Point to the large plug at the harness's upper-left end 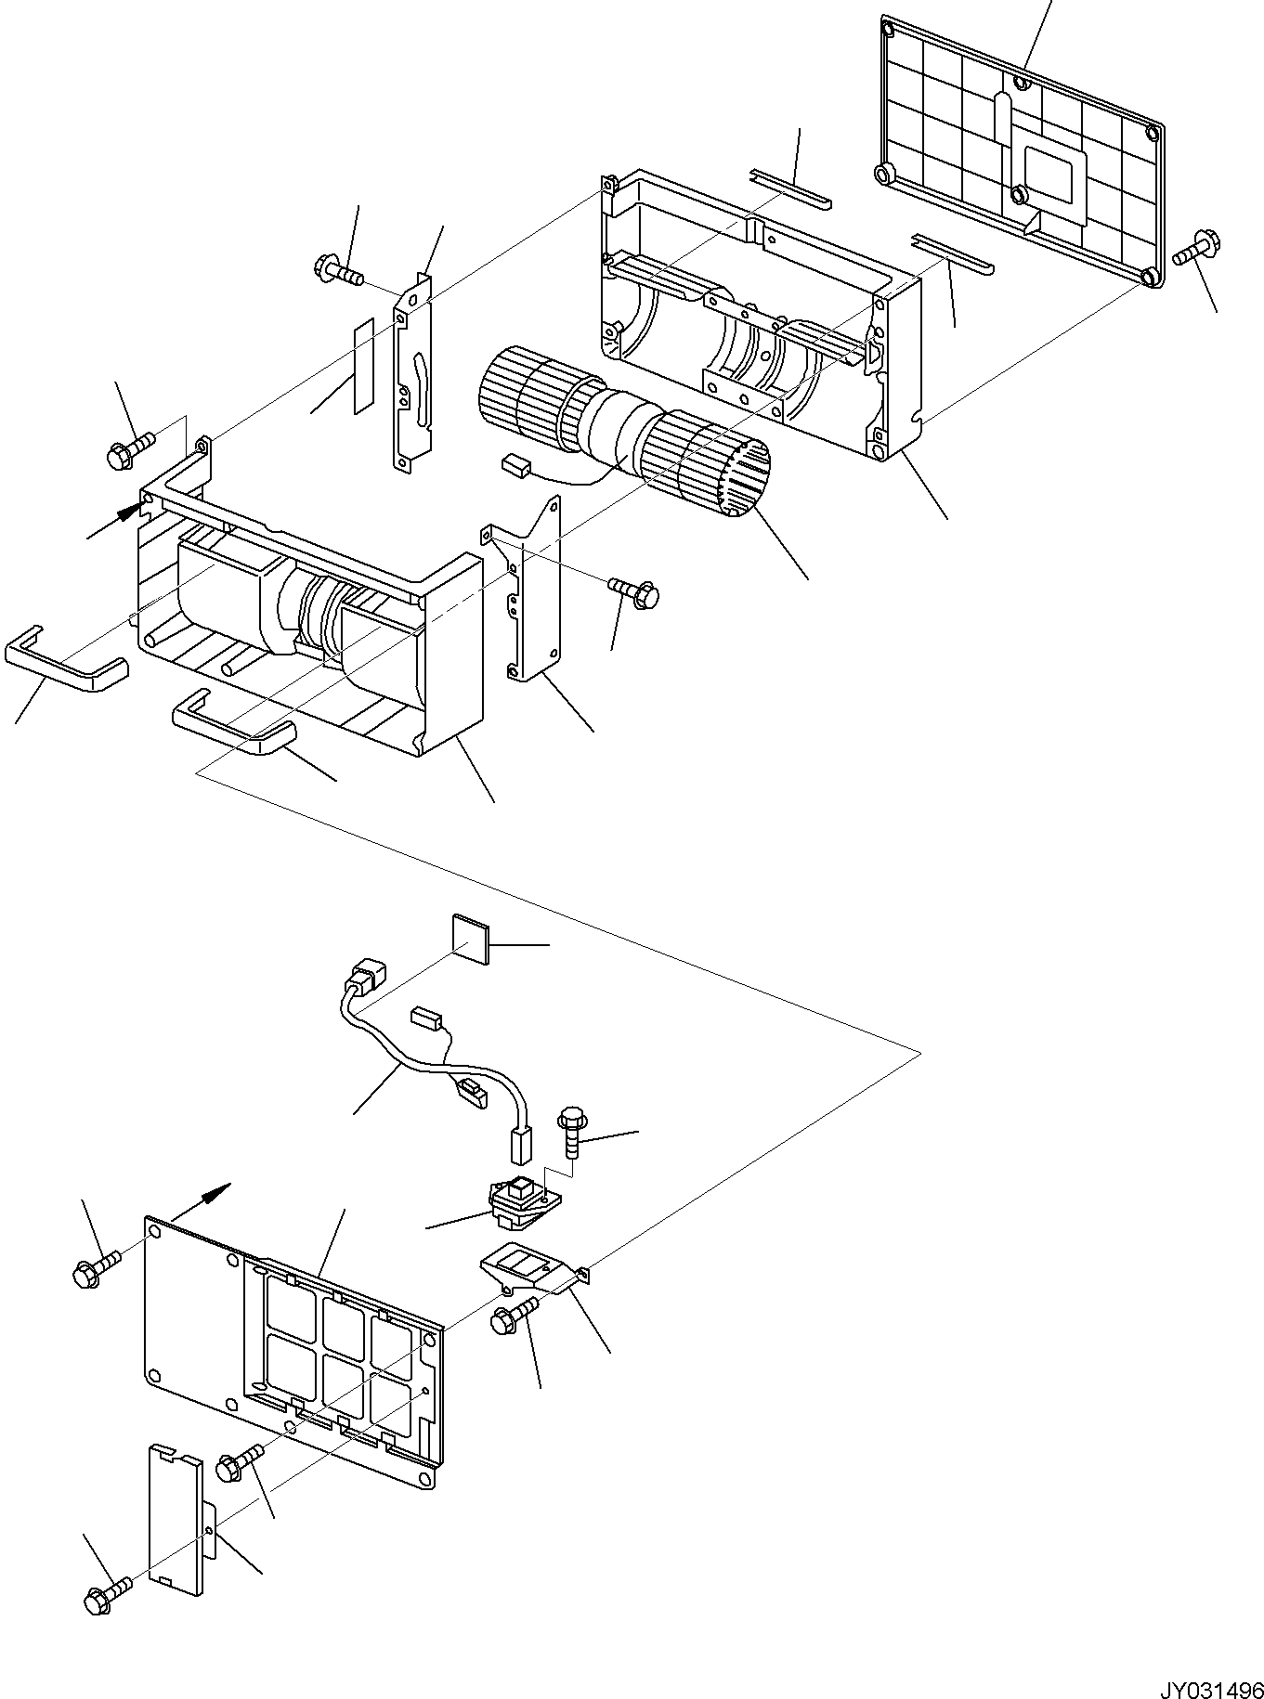365,980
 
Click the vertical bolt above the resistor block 570,1131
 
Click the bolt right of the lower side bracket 634,590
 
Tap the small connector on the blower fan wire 515,465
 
